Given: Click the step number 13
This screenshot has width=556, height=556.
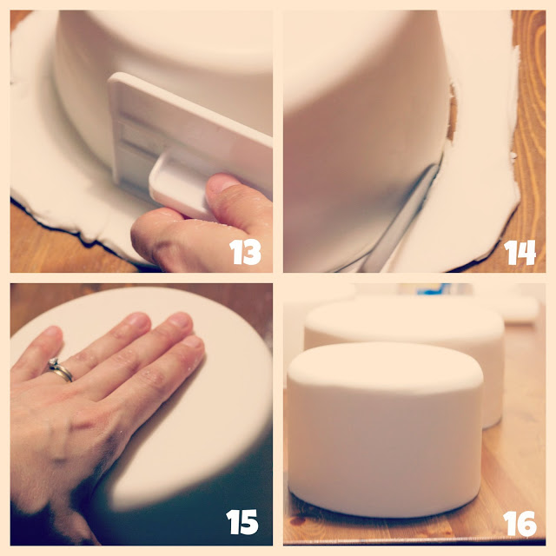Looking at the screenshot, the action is [x=245, y=252].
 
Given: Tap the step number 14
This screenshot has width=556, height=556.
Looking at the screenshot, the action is [x=520, y=253].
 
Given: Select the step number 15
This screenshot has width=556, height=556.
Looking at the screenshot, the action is [x=242, y=521].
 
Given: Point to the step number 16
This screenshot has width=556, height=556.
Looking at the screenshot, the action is [x=520, y=523].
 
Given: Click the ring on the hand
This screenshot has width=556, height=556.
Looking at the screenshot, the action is [x=60, y=370].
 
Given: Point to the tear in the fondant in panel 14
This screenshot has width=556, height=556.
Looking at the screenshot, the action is [x=452, y=112].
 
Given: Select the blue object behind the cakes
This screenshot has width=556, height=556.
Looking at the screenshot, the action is [x=430, y=288].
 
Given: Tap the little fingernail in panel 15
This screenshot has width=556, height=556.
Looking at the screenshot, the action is [x=51, y=331].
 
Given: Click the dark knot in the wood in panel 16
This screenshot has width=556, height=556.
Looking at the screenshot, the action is [x=297, y=520].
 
